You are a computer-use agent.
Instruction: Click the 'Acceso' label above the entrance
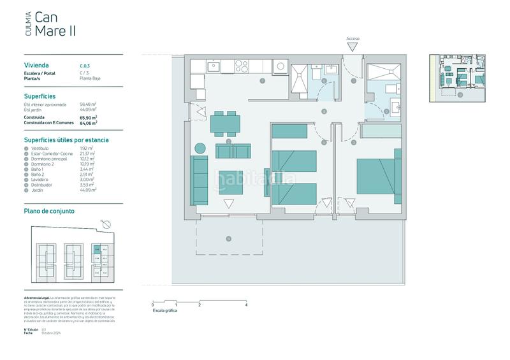click(x=353, y=39)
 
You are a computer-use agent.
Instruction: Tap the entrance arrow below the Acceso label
click(x=353, y=47)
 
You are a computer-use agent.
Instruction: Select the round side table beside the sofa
click(x=200, y=148)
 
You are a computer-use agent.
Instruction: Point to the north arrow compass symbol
click(x=106, y=224)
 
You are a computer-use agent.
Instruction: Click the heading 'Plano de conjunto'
click(x=49, y=211)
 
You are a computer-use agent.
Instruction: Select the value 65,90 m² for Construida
click(x=89, y=118)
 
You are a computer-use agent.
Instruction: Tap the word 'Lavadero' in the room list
click(x=40, y=180)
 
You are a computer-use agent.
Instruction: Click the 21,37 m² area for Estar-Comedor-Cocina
click(x=88, y=154)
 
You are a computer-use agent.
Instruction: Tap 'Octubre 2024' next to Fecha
click(x=51, y=333)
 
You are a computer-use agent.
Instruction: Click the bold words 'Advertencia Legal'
click(x=36, y=298)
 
